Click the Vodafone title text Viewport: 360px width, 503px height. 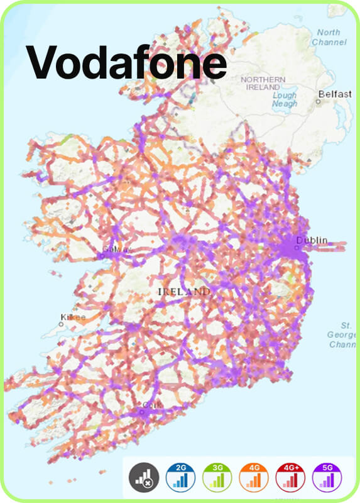coord(126,62)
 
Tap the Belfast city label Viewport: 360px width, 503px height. coord(335,94)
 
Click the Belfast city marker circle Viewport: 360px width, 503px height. coord(318,101)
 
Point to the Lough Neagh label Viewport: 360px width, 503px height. coord(285,99)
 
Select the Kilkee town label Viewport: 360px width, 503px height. coord(72,317)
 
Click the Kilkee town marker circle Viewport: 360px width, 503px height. coord(62,324)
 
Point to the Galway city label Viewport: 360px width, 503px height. coord(117,249)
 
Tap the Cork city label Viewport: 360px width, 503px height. coord(148,405)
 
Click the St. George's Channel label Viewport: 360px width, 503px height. coord(346,335)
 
